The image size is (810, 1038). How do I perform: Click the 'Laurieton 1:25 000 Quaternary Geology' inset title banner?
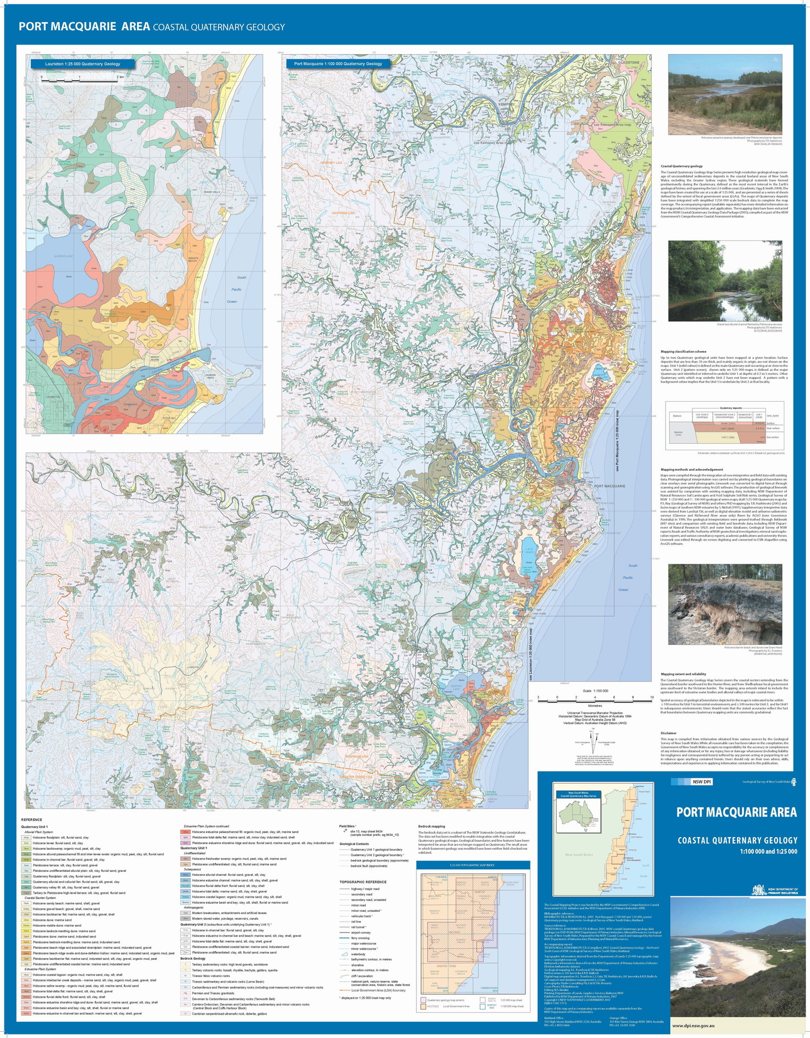click(83, 64)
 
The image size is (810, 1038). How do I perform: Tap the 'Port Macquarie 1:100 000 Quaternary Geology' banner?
click(338, 64)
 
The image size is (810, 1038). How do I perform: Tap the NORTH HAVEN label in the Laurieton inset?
click(155, 359)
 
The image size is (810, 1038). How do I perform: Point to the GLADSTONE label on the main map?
click(629, 62)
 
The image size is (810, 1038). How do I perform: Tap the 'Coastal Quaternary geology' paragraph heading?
click(682, 166)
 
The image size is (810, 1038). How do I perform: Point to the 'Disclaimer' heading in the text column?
click(669, 733)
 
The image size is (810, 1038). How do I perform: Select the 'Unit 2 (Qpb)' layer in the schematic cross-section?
click(727, 437)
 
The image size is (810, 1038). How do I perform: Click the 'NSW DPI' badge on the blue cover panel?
click(702, 782)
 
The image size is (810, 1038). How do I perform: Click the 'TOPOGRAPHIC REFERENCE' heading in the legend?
click(363, 882)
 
